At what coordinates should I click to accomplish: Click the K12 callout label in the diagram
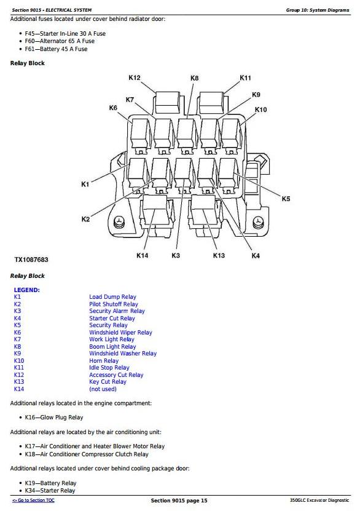click(135, 77)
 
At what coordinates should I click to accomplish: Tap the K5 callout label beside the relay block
click(286, 199)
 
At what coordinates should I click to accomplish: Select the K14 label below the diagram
click(143, 256)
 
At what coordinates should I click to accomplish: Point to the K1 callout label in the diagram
click(85, 184)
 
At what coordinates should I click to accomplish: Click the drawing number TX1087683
click(31, 259)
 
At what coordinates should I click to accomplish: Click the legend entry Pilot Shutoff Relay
click(114, 304)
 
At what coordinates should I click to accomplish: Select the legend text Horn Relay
click(104, 361)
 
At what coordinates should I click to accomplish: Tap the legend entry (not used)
click(103, 389)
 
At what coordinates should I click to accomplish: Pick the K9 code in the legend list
click(17, 353)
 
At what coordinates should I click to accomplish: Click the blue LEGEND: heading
click(26, 290)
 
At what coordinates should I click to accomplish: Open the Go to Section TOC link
click(33, 501)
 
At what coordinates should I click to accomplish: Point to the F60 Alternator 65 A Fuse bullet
click(60, 41)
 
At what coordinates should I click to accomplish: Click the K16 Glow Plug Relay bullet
click(54, 418)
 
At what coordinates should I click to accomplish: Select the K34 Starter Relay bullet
click(50, 491)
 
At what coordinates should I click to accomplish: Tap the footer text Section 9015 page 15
click(179, 501)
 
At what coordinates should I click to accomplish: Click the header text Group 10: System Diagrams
click(318, 10)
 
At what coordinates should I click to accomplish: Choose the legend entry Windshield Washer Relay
click(123, 353)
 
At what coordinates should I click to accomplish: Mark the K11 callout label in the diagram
click(245, 77)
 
